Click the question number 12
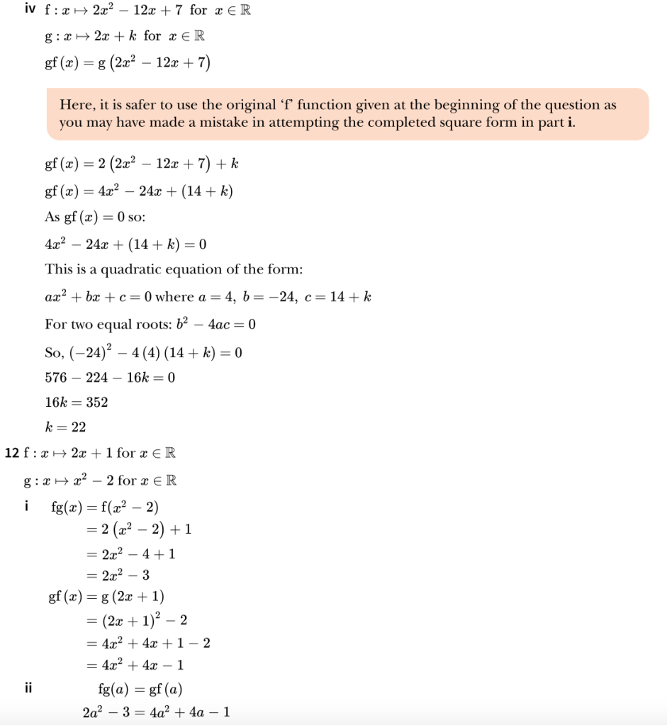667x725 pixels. coord(11,453)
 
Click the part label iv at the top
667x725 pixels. coord(30,11)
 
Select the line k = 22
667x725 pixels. coord(66,427)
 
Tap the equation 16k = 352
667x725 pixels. coord(77,403)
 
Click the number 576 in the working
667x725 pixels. coord(56,378)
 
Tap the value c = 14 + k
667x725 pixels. coord(337,297)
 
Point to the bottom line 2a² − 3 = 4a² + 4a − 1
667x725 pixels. coord(156,712)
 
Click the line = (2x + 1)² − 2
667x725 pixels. coord(136,621)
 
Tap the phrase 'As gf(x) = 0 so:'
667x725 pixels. coord(95,218)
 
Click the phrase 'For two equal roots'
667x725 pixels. coord(96,325)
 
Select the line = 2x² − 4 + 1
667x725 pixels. coord(130,553)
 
